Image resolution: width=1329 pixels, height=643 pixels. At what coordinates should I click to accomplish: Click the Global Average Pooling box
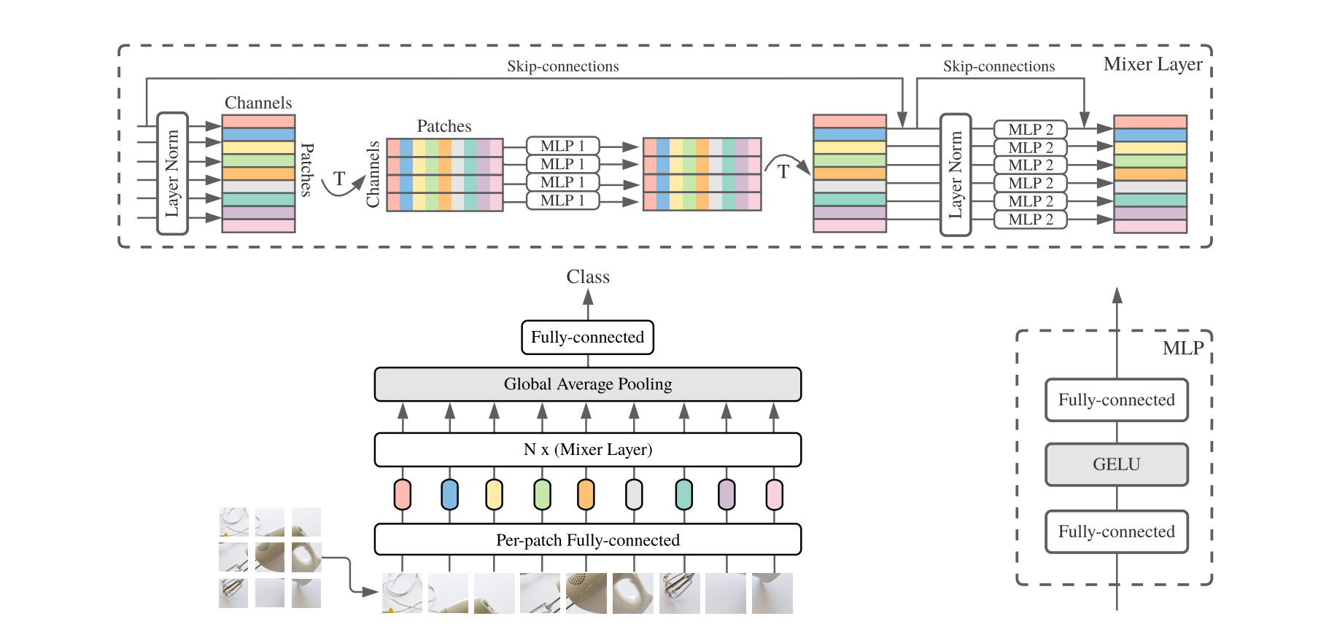click(587, 384)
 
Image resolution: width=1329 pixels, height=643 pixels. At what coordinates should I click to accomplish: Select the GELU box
click(1116, 464)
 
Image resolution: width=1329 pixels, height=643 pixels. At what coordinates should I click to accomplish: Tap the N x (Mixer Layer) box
click(587, 450)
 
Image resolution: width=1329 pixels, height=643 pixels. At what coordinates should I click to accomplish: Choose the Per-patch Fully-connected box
click(587, 540)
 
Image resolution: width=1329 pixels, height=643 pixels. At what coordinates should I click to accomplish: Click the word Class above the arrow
click(588, 277)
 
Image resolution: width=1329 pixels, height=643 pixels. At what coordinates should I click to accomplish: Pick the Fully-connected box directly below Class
click(587, 338)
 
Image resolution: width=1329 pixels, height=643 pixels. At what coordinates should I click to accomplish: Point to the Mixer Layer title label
click(1152, 64)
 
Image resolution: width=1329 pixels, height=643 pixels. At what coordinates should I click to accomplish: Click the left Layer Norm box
click(173, 174)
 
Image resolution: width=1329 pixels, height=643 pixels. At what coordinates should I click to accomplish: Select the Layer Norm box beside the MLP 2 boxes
click(956, 175)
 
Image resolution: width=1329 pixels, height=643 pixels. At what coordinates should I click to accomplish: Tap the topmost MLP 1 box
click(562, 146)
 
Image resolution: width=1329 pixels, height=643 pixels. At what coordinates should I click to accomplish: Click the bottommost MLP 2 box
click(1030, 219)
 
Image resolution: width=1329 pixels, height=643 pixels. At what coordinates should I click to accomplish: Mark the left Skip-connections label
click(562, 66)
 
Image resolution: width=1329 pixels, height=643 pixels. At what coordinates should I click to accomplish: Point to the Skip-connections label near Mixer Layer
click(999, 66)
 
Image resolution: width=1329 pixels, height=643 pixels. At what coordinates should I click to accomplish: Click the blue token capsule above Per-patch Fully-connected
click(449, 494)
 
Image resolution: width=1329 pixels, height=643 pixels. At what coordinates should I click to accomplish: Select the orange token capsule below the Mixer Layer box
click(586, 494)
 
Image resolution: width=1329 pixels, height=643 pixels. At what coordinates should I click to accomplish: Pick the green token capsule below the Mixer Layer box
click(541, 494)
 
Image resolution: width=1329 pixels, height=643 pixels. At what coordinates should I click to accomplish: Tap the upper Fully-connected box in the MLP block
click(1116, 400)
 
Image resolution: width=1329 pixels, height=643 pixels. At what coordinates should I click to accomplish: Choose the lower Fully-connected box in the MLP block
click(1116, 532)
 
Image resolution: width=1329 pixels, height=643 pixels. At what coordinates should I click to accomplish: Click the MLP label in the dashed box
click(1182, 348)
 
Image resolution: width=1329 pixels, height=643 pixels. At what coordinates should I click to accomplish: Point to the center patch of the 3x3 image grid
click(270, 558)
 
